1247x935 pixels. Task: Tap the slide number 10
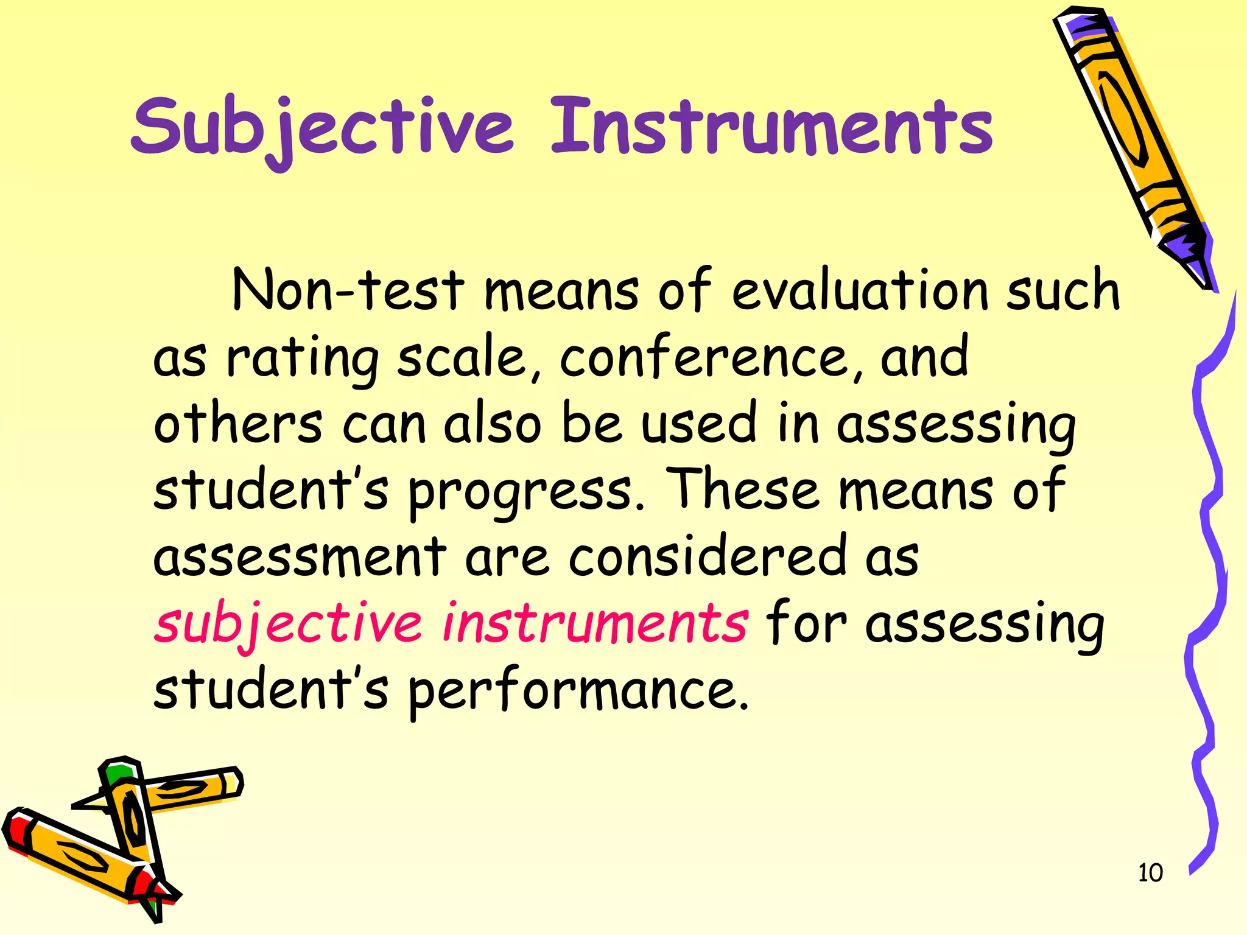[1150, 873]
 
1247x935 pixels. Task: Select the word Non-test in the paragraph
[348, 291]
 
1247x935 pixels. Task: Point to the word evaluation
[859, 291]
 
